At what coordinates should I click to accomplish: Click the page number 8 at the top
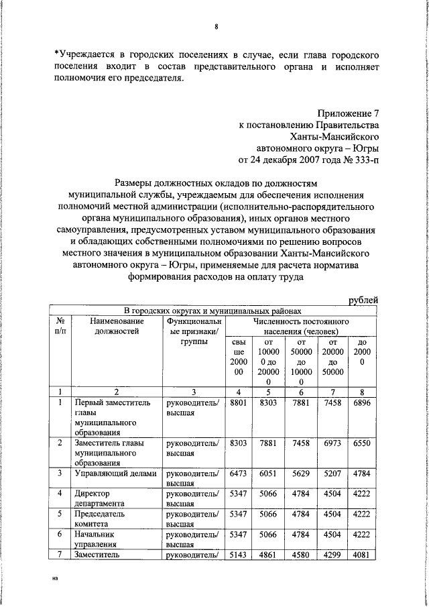(x=217, y=27)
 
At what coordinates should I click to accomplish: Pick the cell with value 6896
(x=362, y=402)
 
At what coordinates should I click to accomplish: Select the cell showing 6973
(x=332, y=443)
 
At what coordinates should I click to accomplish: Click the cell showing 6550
(x=362, y=443)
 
